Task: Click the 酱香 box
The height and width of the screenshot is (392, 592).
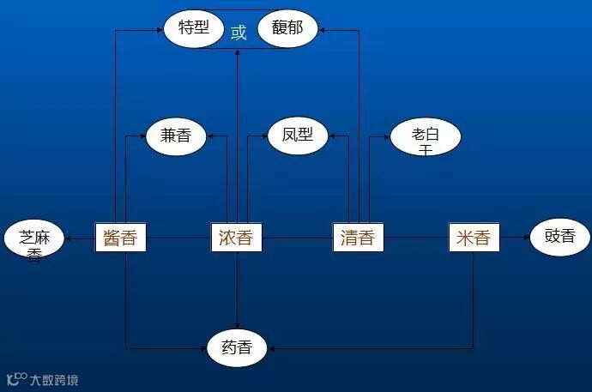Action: [x=120, y=237]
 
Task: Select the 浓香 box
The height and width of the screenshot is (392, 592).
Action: [x=237, y=237]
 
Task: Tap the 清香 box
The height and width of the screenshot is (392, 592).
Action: [x=357, y=237]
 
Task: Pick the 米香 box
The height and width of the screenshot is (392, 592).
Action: [x=474, y=237]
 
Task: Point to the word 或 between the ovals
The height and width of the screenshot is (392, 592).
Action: [x=239, y=33]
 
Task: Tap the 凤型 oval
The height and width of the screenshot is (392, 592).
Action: [x=298, y=136]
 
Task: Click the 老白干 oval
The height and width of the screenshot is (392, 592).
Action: [x=425, y=137]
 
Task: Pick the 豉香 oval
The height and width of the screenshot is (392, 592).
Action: [x=559, y=237]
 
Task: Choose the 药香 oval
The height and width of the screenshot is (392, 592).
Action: [x=237, y=347]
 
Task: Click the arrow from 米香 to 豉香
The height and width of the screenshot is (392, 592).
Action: [x=512, y=237]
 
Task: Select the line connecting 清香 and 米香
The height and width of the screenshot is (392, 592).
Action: [x=415, y=237]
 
